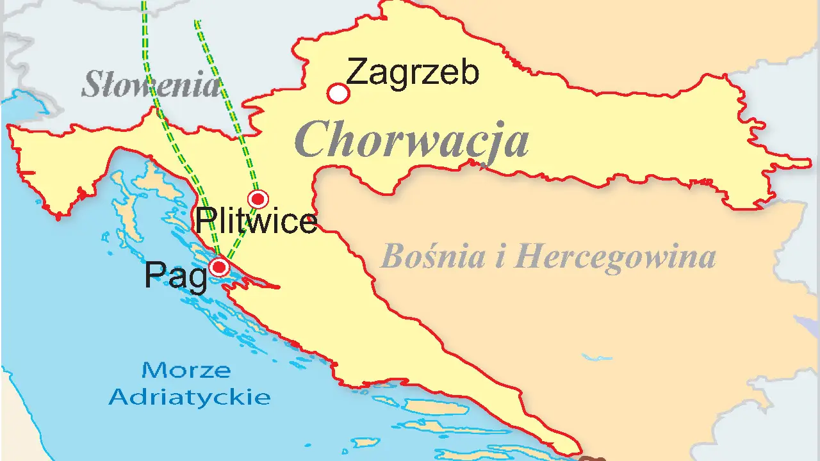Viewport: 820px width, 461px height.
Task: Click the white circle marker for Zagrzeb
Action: pos(338,93)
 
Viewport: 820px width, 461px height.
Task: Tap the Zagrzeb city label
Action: pos(413,72)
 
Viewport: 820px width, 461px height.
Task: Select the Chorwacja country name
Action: pos(413,140)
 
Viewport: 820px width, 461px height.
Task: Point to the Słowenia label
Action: pos(151,85)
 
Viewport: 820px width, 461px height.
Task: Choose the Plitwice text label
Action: pos(256,222)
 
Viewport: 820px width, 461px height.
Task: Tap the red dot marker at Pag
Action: pos(220,266)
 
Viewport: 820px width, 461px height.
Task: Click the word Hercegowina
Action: pos(615,257)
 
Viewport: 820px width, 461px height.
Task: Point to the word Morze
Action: pos(186,370)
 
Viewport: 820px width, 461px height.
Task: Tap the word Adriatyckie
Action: pos(189,397)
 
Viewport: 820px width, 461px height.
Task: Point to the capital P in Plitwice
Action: pos(204,222)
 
